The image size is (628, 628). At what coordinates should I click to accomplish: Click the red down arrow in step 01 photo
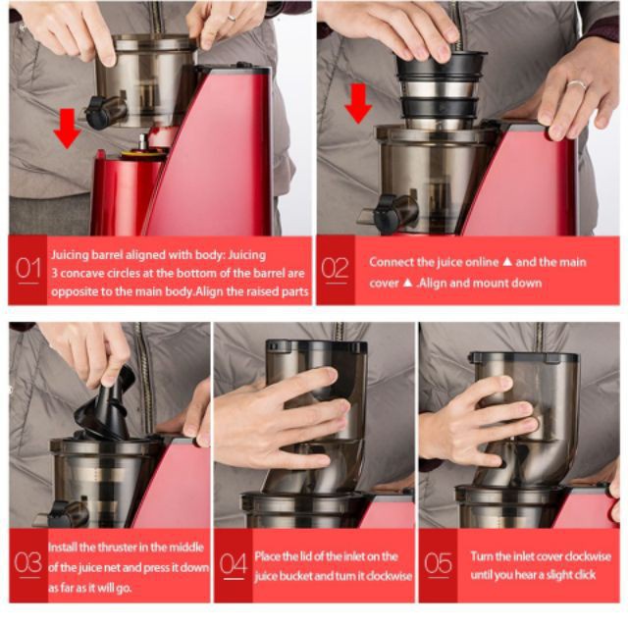click(67, 129)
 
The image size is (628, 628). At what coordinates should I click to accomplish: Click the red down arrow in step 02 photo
click(358, 103)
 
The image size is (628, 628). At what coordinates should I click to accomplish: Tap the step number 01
click(28, 268)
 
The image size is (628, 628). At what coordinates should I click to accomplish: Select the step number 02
click(335, 268)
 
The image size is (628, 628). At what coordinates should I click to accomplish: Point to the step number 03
click(27, 562)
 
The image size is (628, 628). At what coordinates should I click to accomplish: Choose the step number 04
click(234, 564)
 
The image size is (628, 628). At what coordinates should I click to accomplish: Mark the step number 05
click(439, 563)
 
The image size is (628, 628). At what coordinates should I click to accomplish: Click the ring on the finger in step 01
click(232, 18)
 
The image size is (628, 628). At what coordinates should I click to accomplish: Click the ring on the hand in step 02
click(577, 85)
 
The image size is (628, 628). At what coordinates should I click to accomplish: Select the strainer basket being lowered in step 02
click(441, 87)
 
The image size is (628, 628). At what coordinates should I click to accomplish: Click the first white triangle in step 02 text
click(507, 262)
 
